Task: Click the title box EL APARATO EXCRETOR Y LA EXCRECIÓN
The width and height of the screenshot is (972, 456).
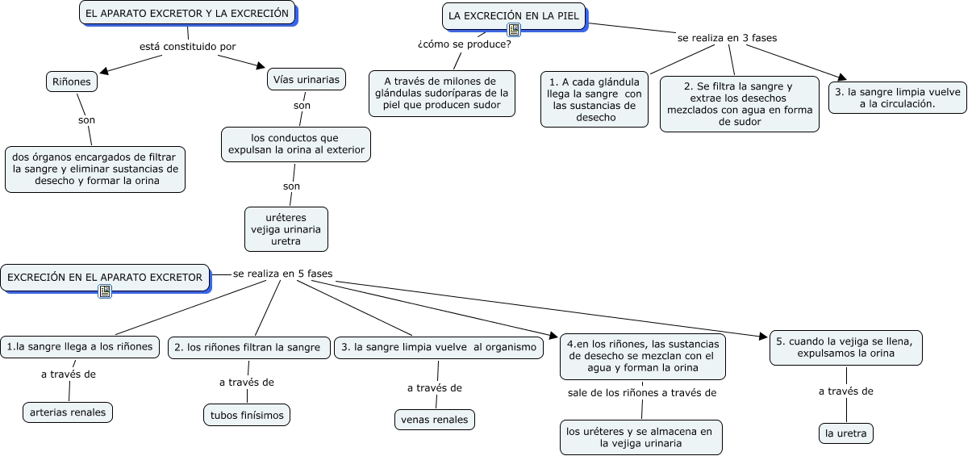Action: (x=186, y=14)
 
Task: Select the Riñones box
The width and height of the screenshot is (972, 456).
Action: (x=72, y=82)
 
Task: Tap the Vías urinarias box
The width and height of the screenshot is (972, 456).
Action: (x=307, y=79)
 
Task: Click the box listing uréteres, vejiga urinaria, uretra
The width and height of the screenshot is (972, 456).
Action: (x=286, y=229)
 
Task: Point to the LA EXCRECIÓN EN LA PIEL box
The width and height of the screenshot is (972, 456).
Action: (x=514, y=16)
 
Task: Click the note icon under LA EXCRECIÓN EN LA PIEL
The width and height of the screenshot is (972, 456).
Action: (x=514, y=31)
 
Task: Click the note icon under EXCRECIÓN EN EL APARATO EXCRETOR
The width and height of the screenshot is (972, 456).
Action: (x=105, y=291)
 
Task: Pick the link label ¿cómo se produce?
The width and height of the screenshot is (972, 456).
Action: (x=464, y=44)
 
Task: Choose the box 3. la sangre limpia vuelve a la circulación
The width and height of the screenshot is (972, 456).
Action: (x=897, y=98)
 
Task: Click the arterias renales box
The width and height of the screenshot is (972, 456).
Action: (x=68, y=412)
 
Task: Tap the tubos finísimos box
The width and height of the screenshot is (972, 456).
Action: (x=246, y=415)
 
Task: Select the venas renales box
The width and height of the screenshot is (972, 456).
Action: (x=435, y=420)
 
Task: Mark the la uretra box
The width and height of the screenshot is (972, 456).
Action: (x=846, y=433)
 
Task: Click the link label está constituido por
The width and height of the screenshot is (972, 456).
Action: (x=187, y=47)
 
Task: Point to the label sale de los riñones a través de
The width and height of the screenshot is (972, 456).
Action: (x=642, y=393)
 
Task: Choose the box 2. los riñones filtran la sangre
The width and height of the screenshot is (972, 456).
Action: (x=248, y=348)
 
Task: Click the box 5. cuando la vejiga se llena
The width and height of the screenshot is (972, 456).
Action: (x=844, y=347)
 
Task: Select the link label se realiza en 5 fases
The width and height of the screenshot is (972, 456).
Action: (x=282, y=274)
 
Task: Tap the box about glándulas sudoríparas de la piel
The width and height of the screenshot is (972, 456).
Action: (x=442, y=93)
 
